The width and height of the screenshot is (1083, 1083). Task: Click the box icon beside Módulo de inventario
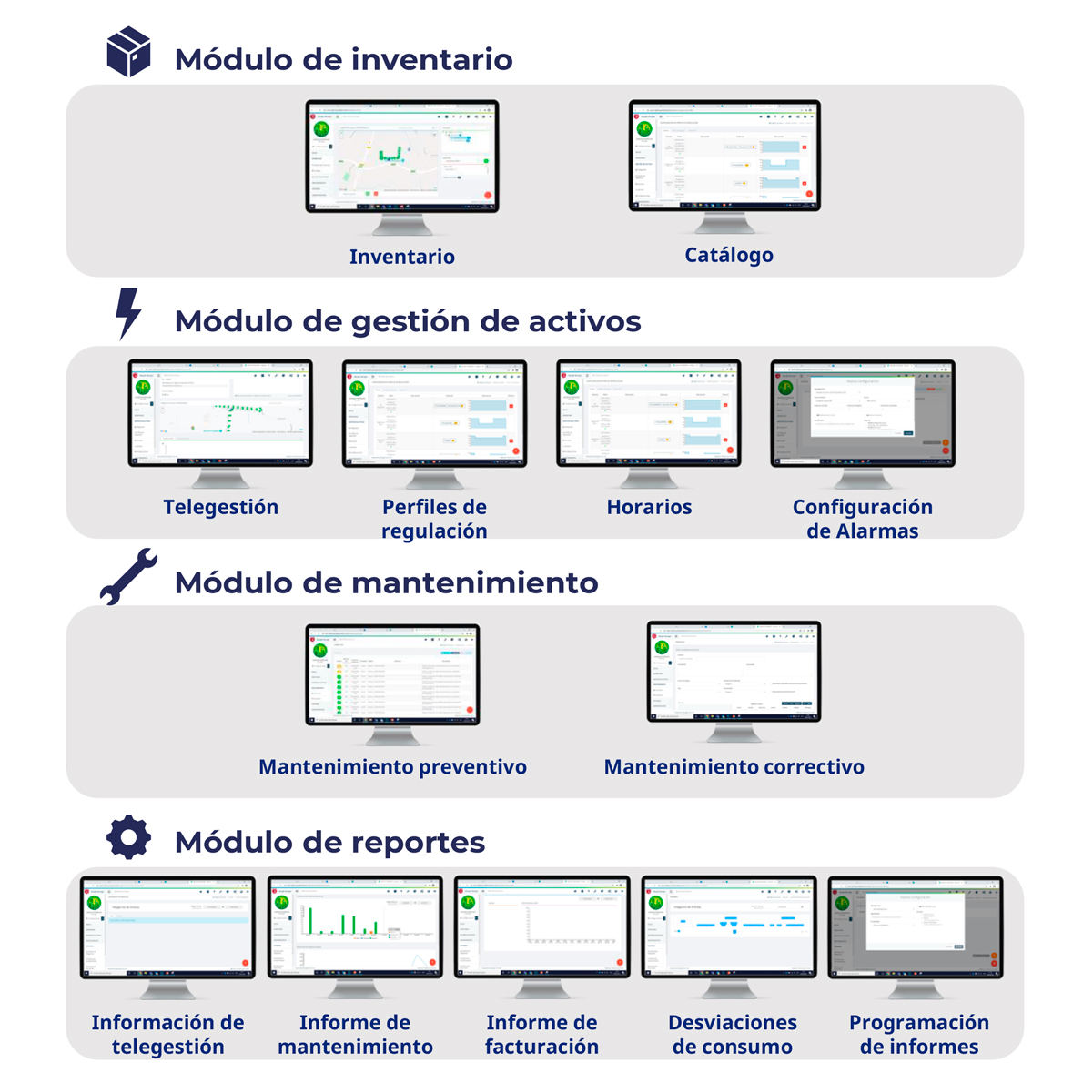point(128,52)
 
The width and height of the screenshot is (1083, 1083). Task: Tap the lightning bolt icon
point(128,313)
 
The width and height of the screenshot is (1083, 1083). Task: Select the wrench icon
point(128,576)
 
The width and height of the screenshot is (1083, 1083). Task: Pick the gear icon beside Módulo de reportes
point(128,837)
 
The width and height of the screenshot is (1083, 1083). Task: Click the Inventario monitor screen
point(401,156)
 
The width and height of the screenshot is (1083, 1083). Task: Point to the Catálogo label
point(729,255)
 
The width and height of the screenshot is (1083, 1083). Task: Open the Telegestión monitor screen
point(220,413)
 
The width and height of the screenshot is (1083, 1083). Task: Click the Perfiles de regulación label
point(434,519)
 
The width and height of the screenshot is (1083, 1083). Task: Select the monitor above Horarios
point(648,413)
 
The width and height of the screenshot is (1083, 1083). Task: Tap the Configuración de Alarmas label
point(862,519)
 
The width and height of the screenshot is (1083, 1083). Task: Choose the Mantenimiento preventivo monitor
point(392,674)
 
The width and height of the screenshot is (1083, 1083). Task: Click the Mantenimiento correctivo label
point(734,767)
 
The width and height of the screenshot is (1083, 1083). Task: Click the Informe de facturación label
point(541,1035)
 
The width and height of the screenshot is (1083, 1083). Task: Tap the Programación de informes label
point(919,1035)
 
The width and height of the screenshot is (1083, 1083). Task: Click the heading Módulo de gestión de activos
point(408,321)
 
